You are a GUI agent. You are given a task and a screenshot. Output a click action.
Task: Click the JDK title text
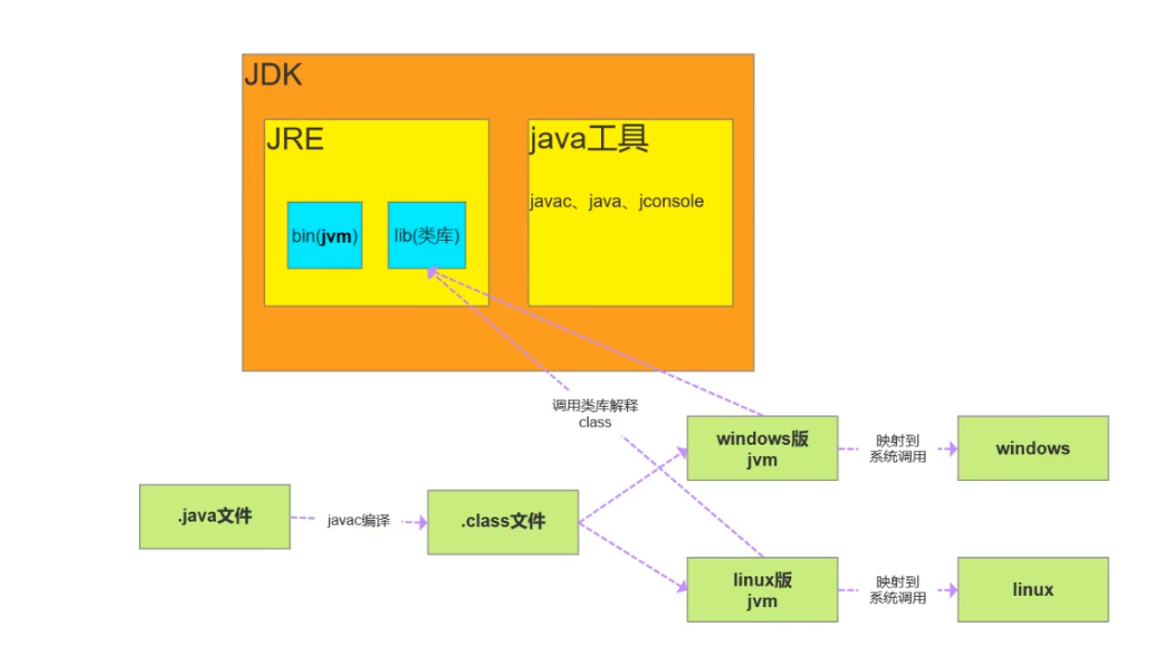click(273, 74)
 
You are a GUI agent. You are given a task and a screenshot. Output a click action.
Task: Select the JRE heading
click(294, 139)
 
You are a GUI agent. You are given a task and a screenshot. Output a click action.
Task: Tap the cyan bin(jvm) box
click(325, 235)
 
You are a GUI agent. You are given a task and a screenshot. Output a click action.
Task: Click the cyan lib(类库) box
click(427, 235)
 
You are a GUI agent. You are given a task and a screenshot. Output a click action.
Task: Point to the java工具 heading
click(588, 139)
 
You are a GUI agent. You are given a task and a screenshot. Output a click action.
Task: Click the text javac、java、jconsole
click(617, 201)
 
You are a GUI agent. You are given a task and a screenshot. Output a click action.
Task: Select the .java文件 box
click(214, 516)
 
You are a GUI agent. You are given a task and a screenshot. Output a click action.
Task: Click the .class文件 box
click(503, 522)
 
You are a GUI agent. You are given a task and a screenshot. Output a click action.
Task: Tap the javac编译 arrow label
click(358, 521)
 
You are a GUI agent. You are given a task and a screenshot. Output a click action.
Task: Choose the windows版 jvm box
click(761, 448)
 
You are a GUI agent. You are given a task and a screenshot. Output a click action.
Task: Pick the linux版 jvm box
click(761, 589)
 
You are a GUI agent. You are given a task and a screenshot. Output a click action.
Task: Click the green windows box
click(1032, 448)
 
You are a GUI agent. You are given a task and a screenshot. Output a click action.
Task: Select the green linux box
click(1032, 589)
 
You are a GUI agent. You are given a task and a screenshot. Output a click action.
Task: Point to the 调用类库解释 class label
click(594, 413)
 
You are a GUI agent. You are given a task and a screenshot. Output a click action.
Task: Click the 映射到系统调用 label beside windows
click(897, 448)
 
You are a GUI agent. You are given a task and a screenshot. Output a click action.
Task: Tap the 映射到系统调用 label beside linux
click(897, 589)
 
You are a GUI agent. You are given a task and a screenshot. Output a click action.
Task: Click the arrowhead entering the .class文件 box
click(422, 523)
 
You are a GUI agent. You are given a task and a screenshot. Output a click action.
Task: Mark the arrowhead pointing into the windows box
click(951, 448)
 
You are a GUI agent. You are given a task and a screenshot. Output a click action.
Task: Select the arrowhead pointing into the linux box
click(951, 589)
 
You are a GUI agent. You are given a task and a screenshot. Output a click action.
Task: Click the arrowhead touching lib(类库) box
click(432, 272)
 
